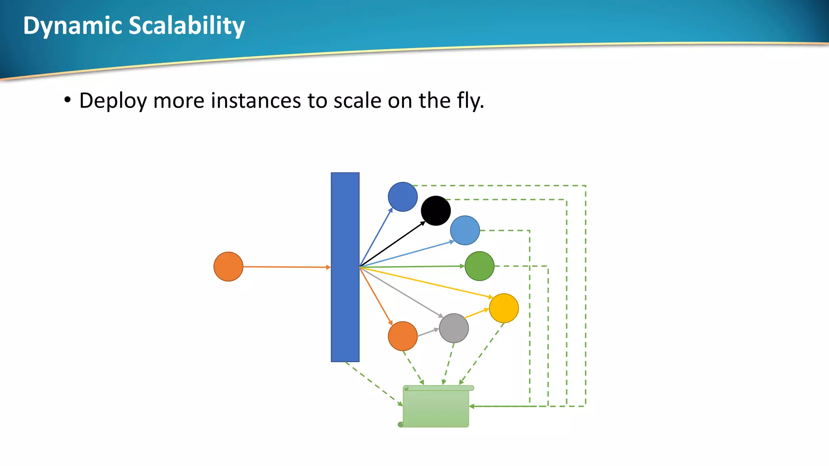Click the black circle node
tap(436, 211)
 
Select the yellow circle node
tap(504, 308)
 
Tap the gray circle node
tap(454, 328)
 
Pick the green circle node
tap(479, 266)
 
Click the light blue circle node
tap(465, 230)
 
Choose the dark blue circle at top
tap(402, 197)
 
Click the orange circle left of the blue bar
tap(228, 267)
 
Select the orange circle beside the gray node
tap(402, 336)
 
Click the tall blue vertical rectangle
tap(345, 267)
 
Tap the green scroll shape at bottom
tap(436, 407)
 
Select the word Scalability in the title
tap(187, 26)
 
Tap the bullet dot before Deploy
tap(68, 100)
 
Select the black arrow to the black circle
tap(392, 245)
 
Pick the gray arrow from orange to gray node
tap(428, 333)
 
